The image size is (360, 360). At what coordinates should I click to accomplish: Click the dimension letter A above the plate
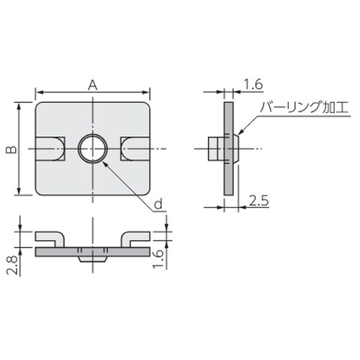click(x=92, y=84)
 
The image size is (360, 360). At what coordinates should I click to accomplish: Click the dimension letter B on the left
click(x=9, y=149)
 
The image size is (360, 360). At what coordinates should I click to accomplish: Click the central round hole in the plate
click(x=92, y=149)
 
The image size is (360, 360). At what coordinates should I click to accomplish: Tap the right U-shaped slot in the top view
click(x=135, y=149)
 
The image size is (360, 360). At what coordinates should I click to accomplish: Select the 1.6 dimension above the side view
click(x=252, y=85)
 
